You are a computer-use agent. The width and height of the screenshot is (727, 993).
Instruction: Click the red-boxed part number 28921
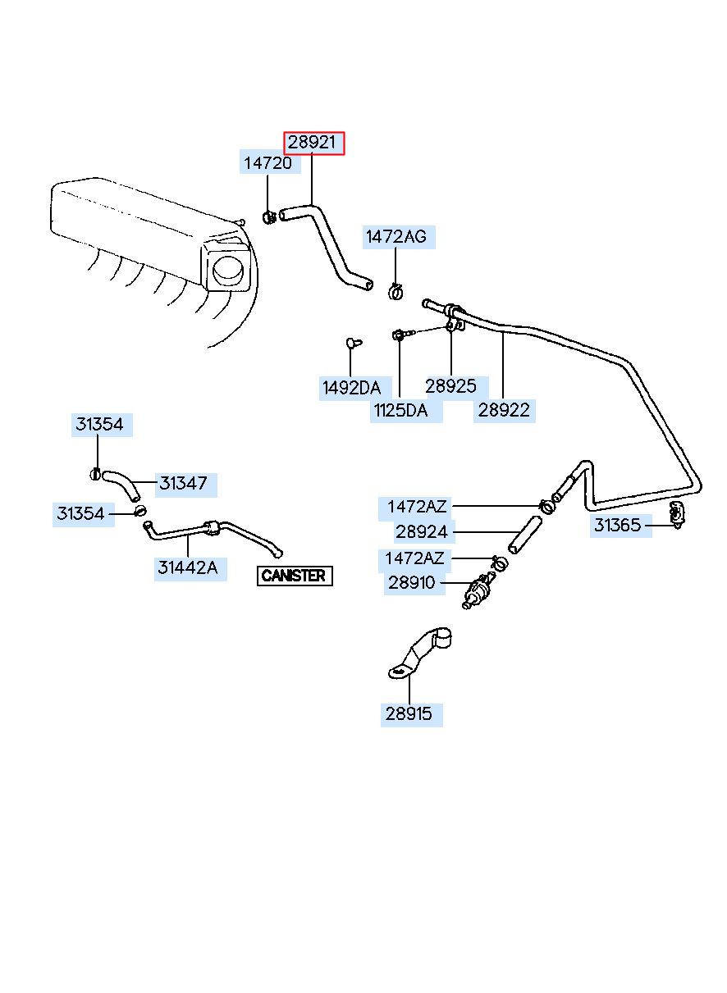(313, 143)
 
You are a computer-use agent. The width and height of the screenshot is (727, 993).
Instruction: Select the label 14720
(268, 163)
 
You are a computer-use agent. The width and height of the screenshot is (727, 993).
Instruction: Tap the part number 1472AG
(396, 237)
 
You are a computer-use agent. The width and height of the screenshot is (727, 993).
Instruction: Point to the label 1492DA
(352, 388)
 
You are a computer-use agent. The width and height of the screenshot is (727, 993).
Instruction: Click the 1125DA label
(401, 411)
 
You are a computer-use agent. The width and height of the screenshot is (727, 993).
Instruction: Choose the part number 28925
(451, 386)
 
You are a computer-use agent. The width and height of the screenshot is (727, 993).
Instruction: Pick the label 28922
(504, 411)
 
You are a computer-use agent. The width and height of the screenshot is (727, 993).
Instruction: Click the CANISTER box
(295, 576)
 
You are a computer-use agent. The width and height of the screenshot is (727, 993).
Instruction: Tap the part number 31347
(184, 484)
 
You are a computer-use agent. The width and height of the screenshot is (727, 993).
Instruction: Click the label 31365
(618, 526)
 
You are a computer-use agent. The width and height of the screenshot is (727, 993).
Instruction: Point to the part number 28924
(422, 531)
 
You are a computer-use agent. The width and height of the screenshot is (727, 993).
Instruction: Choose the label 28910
(412, 583)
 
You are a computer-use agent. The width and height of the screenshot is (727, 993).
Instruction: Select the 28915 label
(409, 714)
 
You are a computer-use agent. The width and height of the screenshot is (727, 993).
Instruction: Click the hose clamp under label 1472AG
(396, 291)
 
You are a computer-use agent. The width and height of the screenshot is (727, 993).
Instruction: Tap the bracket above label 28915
(419, 653)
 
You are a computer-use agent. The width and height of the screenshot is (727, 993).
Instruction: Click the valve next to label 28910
(478, 591)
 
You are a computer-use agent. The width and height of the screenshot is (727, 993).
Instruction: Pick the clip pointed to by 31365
(677, 515)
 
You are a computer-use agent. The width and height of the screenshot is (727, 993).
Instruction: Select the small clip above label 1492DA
(354, 343)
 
